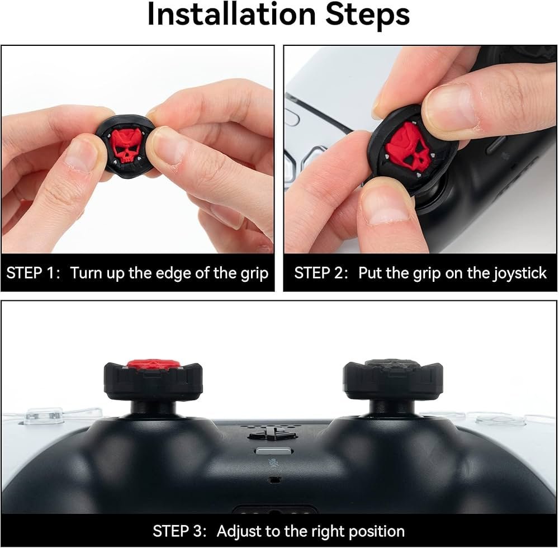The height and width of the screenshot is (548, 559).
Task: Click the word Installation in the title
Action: coord(231,15)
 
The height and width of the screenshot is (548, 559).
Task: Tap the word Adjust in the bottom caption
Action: coord(238,532)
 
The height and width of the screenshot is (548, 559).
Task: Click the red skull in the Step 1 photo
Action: coord(125,146)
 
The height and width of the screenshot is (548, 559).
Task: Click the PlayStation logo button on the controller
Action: coord(272,434)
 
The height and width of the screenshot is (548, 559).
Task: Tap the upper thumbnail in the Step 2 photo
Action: coord(455,106)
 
